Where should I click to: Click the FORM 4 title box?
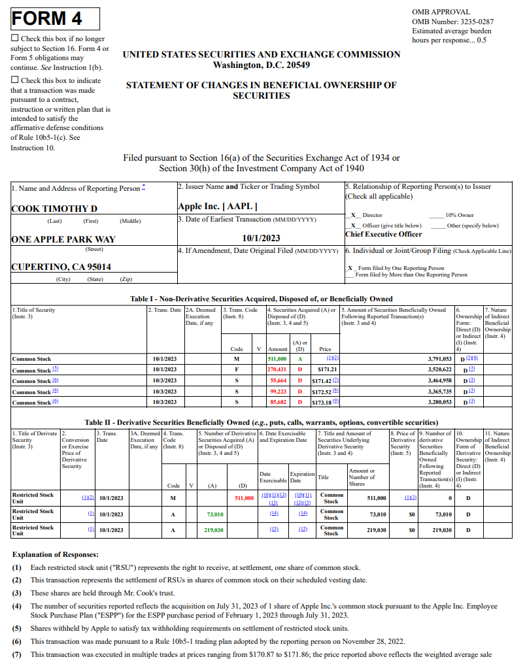pyautogui.click(x=55, y=18)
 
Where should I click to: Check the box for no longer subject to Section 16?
pyautogui.click(x=15, y=39)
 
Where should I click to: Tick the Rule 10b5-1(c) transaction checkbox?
pyautogui.click(x=15, y=80)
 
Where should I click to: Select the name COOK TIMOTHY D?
pyautogui.click(x=54, y=209)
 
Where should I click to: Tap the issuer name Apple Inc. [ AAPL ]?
pyautogui.click(x=213, y=206)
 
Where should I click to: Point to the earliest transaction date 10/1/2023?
pyautogui.click(x=261, y=238)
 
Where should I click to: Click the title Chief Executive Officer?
pyautogui.click(x=384, y=234)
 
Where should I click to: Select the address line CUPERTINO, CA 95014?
pyautogui.click(x=61, y=267)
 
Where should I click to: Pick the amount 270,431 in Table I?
pyautogui.click(x=277, y=369)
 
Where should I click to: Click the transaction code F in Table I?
pyautogui.click(x=236, y=369)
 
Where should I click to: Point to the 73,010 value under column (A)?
pyautogui.click(x=215, y=514)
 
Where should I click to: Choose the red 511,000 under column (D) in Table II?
pyautogui.click(x=244, y=498)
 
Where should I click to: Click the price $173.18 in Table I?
pyautogui.click(x=319, y=402)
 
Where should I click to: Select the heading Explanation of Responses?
pyautogui.click(x=56, y=554)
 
